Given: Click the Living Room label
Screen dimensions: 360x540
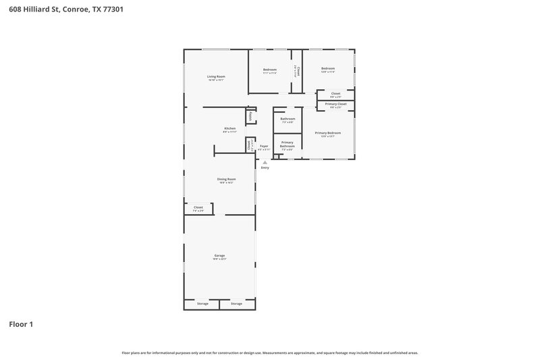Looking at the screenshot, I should (216, 77).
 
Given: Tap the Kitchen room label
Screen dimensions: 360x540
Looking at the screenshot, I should (230, 129).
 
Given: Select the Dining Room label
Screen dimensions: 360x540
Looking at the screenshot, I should (226, 179).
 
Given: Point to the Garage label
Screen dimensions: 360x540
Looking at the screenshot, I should (219, 255).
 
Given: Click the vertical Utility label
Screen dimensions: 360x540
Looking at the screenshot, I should (250, 116).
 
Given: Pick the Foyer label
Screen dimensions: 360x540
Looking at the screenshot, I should (264, 146).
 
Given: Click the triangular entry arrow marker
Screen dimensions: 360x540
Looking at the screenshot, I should (265, 162).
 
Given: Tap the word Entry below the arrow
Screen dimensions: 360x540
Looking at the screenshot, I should (265, 168).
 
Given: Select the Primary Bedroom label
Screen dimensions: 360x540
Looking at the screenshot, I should (327, 133).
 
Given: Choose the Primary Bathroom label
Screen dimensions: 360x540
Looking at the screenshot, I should (288, 144).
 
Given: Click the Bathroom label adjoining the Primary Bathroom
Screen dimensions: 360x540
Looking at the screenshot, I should (288, 119).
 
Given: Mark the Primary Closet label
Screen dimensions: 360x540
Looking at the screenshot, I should (335, 104).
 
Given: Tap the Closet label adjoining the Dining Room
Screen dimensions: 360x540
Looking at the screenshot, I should (198, 207).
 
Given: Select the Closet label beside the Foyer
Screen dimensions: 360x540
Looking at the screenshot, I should (250, 144).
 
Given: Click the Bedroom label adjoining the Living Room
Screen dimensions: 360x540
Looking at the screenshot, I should (270, 70).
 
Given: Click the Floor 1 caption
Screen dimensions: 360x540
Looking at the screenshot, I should (21, 324).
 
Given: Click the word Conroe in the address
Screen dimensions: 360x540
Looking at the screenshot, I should (76, 10).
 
